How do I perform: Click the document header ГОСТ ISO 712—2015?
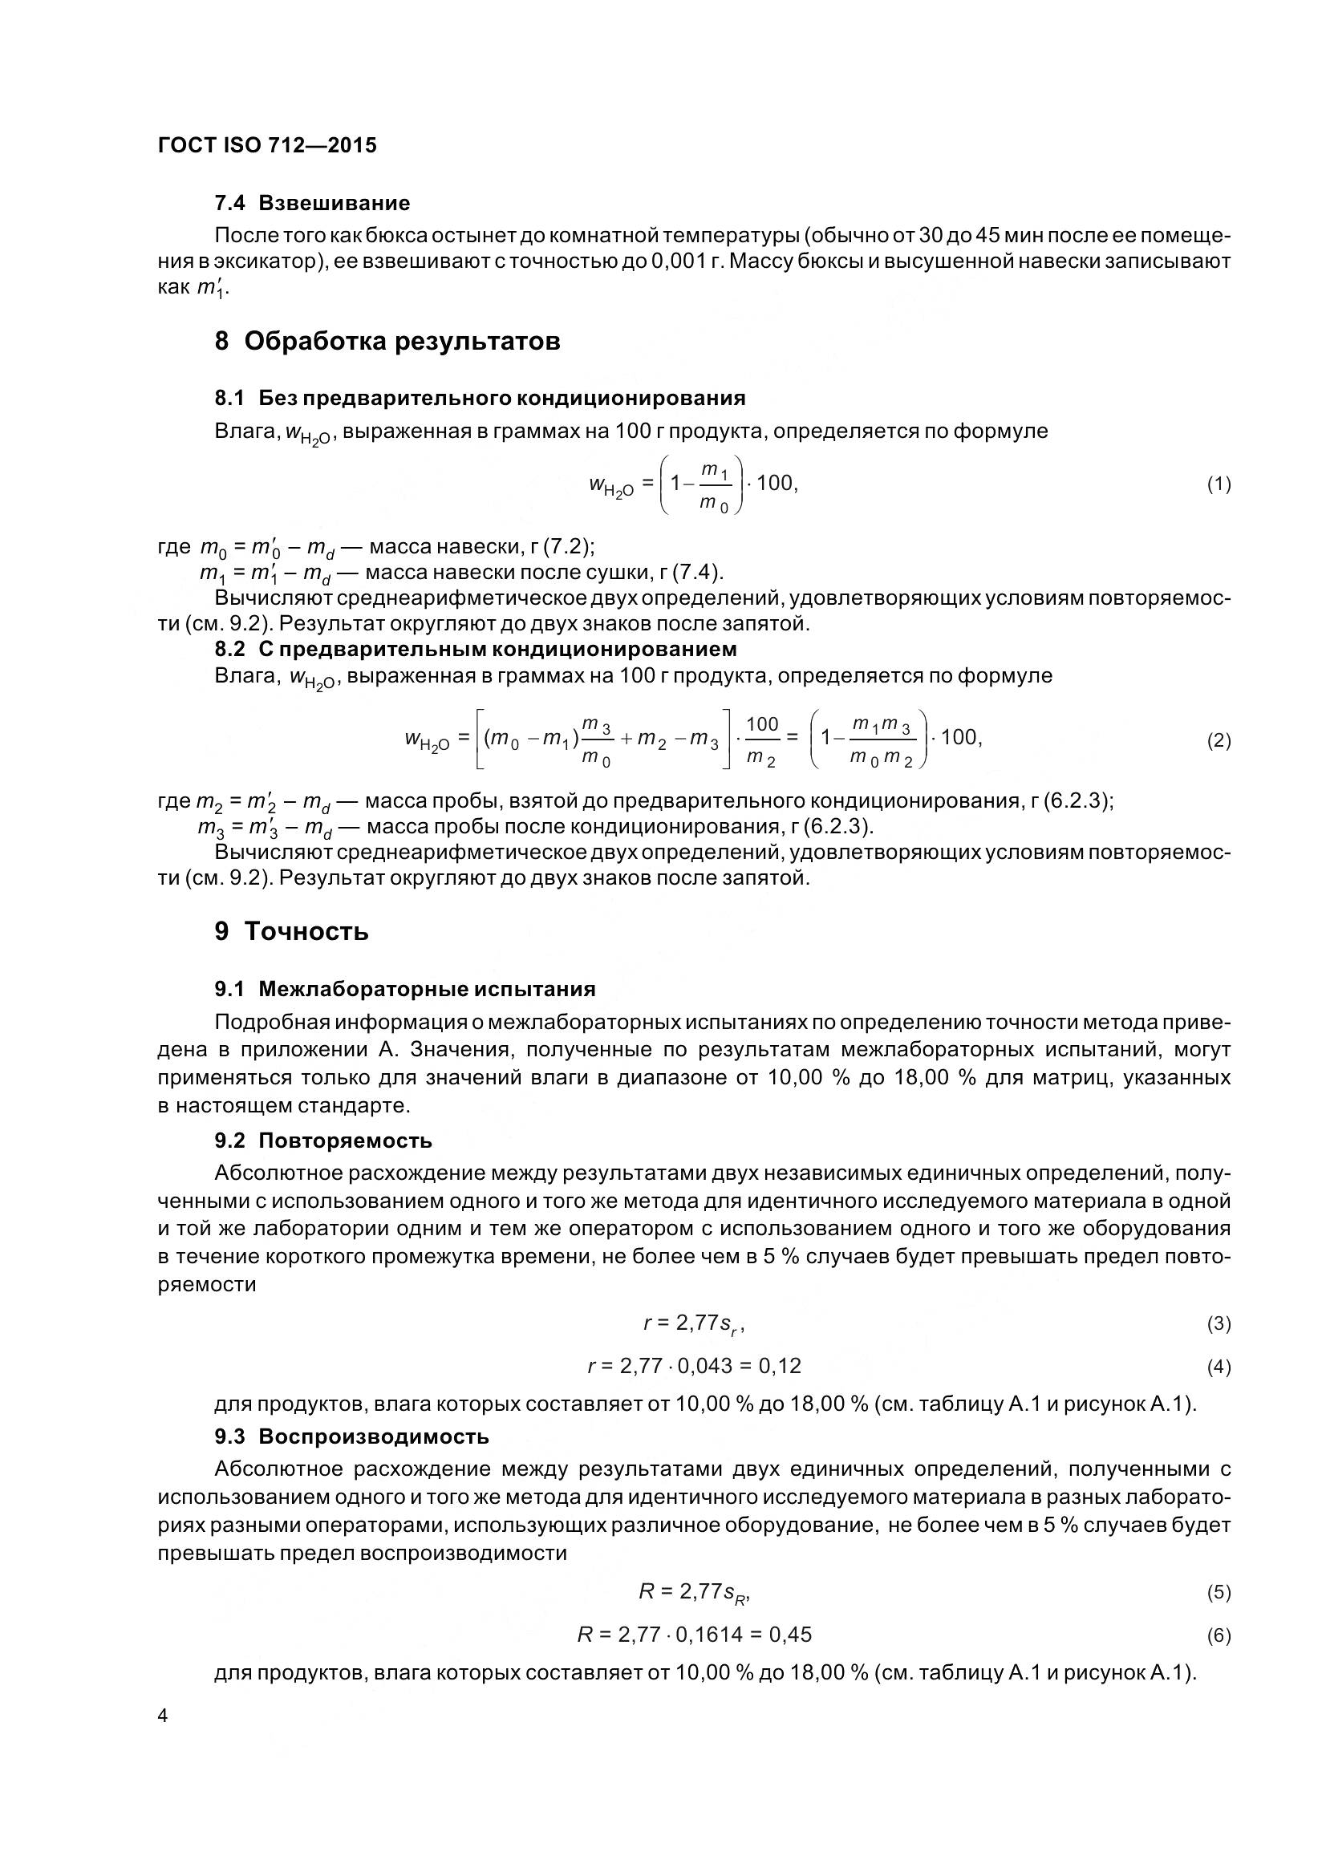coord(267,145)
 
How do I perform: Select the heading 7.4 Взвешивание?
coord(312,203)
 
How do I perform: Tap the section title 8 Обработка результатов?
coord(387,341)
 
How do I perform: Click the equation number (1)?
coord(1219,484)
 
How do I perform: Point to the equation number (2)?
coord(1219,740)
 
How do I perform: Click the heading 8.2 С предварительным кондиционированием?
coord(476,649)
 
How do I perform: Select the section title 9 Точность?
coord(292,931)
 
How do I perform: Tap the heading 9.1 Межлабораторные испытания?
coord(405,990)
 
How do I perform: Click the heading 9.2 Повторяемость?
coord(323,1141)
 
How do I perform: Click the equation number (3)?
coord(1219,1323)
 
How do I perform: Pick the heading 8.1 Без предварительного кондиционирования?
coord(481,398)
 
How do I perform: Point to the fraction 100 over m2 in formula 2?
coord(761,740)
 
